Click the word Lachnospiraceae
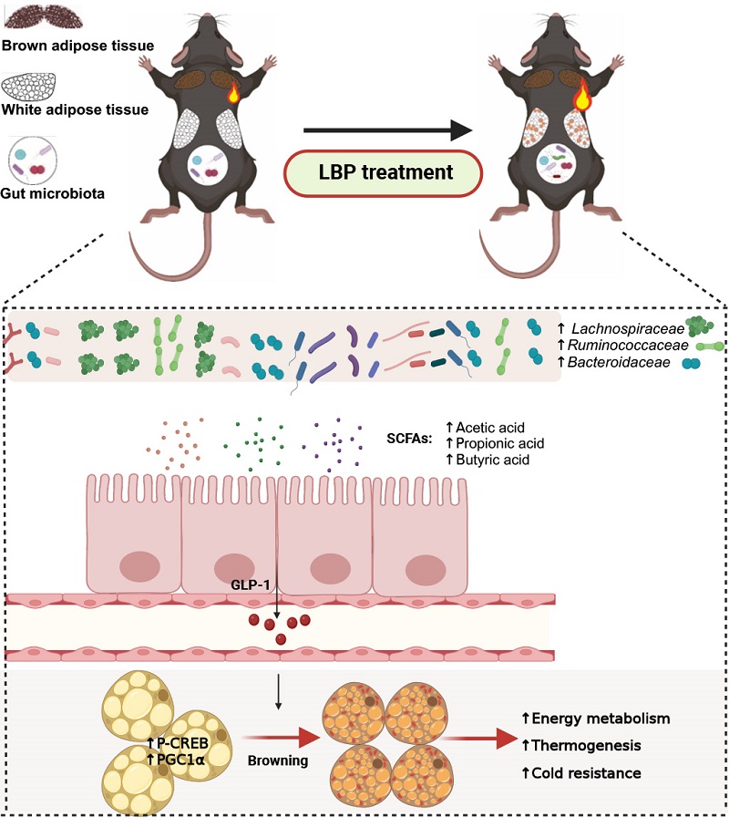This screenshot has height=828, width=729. pos(630,326)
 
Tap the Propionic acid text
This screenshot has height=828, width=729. pos(499,444)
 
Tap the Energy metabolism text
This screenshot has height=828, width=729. pos(606,719)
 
